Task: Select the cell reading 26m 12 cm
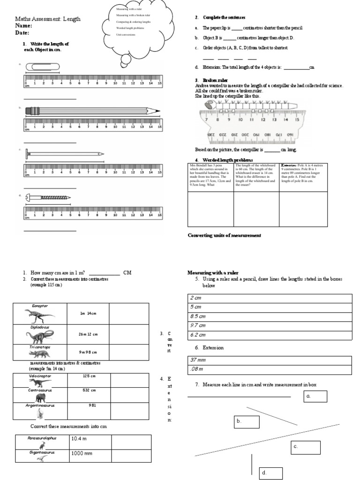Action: (x=88, y=334)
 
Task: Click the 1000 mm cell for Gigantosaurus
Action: (x=90, y=453)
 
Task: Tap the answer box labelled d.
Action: (x=271, y=473)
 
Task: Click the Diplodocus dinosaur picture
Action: (x=40, y=335)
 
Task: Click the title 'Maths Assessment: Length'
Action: (x=48, y=19)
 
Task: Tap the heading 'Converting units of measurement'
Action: (x=224, y=235)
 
